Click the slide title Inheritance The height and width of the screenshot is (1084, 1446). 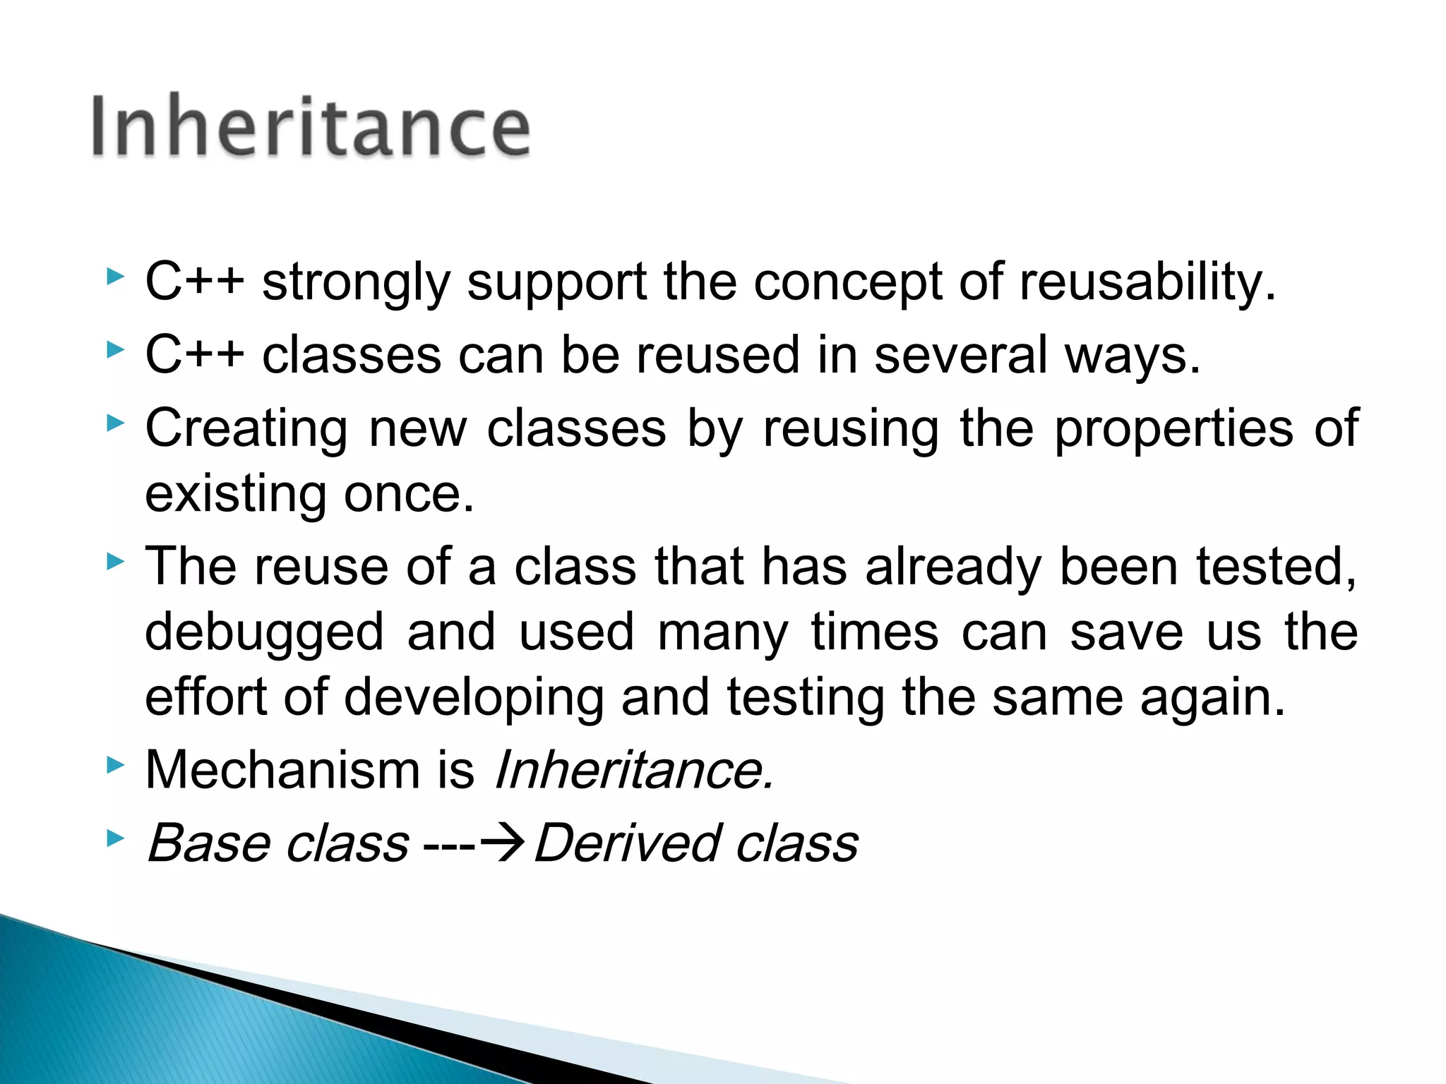pyautogui.click(x=311, y=127)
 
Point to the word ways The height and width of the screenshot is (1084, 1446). pyautogui.click(x=1133, y=357)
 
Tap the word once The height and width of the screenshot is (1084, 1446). pyautogui.click(x=409, y=495)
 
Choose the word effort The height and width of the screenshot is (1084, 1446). pyautogui.click(x=206, y=697)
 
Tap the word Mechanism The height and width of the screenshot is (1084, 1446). pyautogui.click(x=282, y=769)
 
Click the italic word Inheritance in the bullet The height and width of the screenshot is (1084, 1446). pyautogui.click(x=633, y=769)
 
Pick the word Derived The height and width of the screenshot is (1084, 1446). pyautogui.click(x=627, y=843)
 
